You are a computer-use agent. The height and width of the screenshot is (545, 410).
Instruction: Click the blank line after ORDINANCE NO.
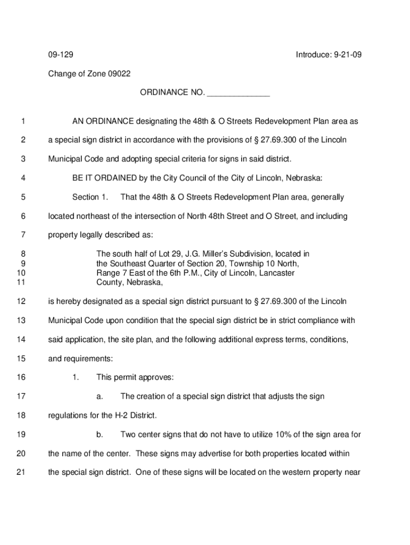pyautogui.click(x=238, y=93)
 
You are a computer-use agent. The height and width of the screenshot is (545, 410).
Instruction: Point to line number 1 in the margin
pyautogui.click(x=23, y=121)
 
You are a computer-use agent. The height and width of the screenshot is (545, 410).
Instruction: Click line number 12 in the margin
pyautogui.click(x=21, y=302)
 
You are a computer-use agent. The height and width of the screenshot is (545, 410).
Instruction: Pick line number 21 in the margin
pyautogui.click(x=21, y=473)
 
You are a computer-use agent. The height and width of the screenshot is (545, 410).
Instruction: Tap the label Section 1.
pyautogui.click(x=90, y=197)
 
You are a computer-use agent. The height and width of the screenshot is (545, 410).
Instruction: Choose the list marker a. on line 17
pyautogui.click(x=100, y=397)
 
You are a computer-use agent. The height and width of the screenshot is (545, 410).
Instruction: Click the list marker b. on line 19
pyautogui.click(x=100, y=435)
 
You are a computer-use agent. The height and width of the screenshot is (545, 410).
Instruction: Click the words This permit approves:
pyautogui.click(x=135, y=377)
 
